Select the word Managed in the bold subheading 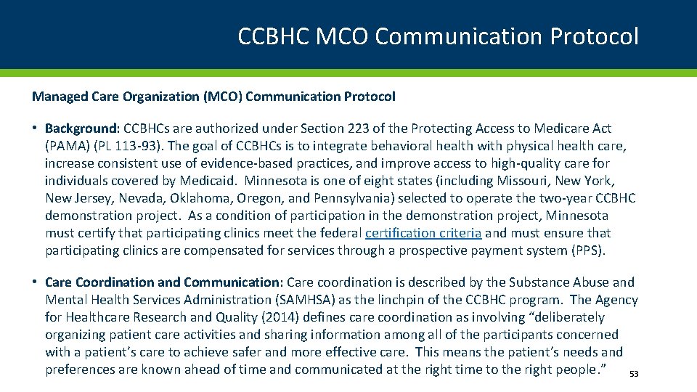(x=55, y=96)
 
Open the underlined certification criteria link (x=423, y=233)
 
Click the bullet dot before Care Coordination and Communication (x=36, y=282)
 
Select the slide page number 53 (x=633, y=374)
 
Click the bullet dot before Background (x=36, y=128)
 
